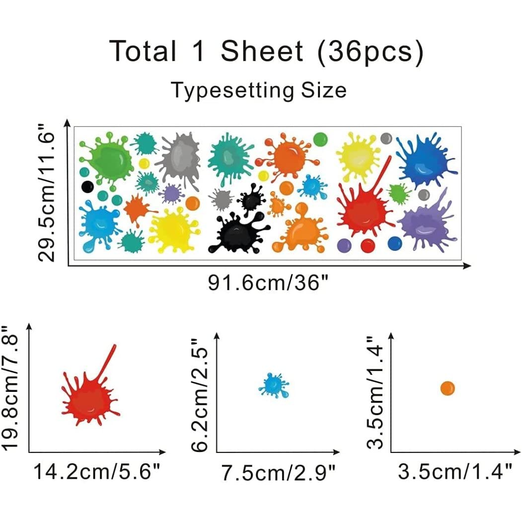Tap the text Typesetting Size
tap(258, 90)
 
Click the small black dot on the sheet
tap(87, 187)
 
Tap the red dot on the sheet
tap(368, 245)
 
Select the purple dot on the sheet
tap(344, 245)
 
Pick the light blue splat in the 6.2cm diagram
tap(273, 385)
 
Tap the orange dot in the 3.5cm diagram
tap(447, 388)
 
